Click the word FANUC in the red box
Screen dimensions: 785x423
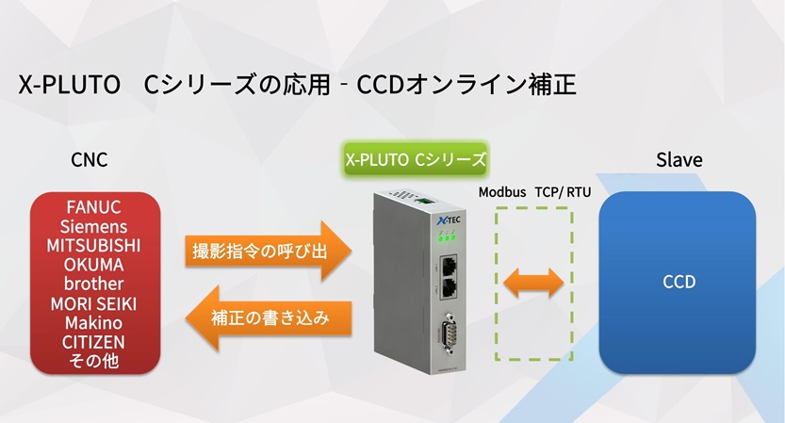(93, 207)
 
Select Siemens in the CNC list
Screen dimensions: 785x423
(93, 226)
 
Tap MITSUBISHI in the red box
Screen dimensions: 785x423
(93, 245)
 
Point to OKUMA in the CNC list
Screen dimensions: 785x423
(93, 265)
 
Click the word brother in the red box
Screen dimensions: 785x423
(93, 284)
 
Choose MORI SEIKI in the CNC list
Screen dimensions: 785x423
(93, 303)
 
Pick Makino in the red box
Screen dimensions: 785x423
(93, 322)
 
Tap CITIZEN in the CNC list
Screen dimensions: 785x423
(93, 342)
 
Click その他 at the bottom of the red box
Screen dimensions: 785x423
(93, 361)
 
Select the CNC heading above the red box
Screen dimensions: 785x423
(90, 160)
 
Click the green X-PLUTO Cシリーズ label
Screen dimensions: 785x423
(416, 159)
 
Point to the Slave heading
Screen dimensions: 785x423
(679, 160)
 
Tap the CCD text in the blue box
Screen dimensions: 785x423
(679, 282)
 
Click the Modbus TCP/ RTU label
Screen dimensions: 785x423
(534, 192)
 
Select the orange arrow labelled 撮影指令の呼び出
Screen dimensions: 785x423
(268, 251)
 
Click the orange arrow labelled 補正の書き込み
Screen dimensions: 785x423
(269, 317)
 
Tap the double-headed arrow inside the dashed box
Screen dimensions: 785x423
(533, 283)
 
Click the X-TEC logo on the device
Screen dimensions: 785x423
(449, 220)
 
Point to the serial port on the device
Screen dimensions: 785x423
(449, 333)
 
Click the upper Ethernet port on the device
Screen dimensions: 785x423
(448, 266)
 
